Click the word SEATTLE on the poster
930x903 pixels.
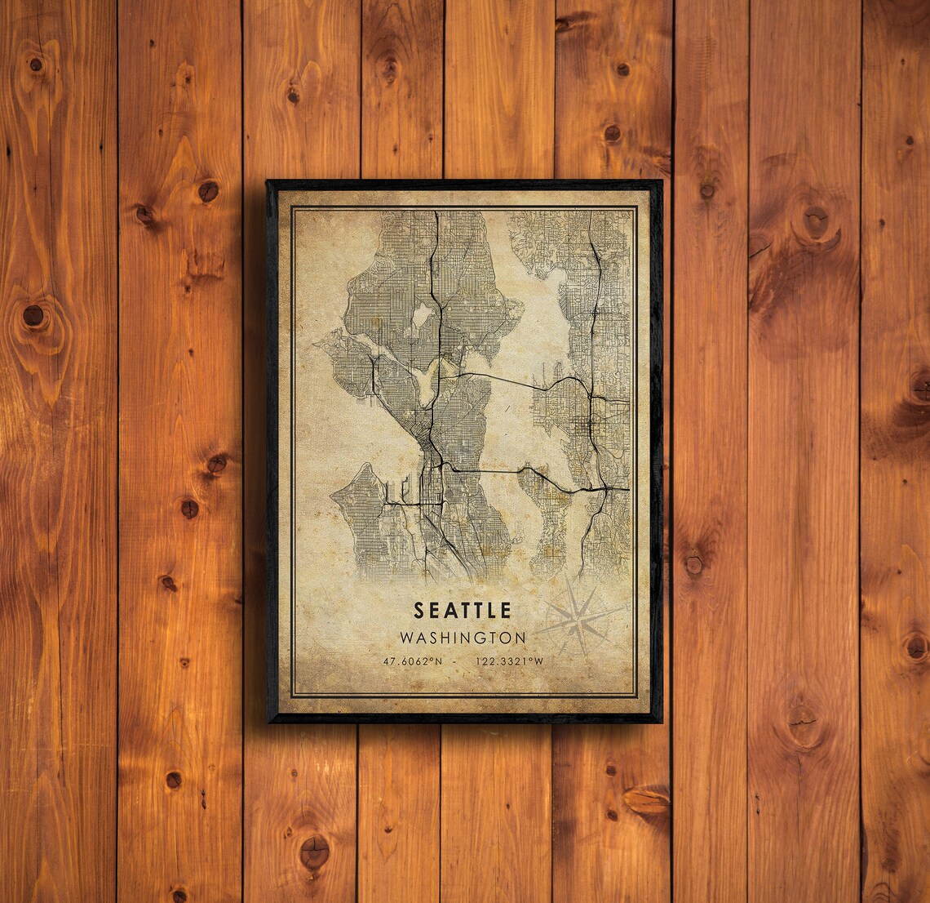(x=463, y=610)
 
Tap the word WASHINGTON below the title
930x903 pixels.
(x=463, y=636)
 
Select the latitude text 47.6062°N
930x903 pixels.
(x=410, y=661)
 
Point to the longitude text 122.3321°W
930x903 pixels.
(x=509, y=661)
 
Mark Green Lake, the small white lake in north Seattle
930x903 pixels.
(x=423, y=314)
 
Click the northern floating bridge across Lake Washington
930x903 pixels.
(x=498, y=378)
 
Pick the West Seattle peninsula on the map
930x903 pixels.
(x=359, y=514)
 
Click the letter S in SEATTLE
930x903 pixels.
(x=419, y=610)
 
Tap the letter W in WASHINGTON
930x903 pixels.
(x=406, y=636)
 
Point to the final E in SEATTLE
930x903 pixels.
(x=506, y=610)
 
